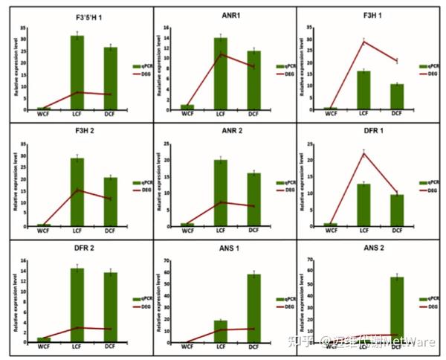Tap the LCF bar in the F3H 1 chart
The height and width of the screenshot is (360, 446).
click(363, 90)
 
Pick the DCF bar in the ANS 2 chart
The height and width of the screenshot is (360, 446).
click(397, 309)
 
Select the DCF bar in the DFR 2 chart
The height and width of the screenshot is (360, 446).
click(110, 306)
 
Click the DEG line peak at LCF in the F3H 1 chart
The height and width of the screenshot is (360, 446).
click(364, 42)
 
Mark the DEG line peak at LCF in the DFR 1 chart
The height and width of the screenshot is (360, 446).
click(364, 153)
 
